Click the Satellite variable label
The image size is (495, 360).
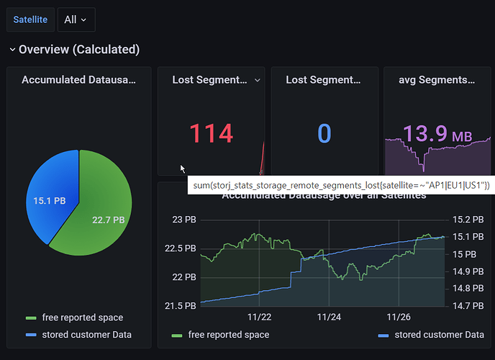click(30, 19)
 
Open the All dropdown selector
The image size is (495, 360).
click(76, 19)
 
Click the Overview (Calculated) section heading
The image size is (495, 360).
click(79, 50)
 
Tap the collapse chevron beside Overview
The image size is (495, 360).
click(12, 50)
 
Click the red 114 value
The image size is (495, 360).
click(211, 134)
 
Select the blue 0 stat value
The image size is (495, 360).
click(324, 134)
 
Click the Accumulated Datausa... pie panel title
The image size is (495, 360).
click(78, 80)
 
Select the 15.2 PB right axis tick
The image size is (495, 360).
click(468, 220)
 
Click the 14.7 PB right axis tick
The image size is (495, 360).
click(468, 306)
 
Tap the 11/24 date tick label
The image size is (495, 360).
click(329, 317)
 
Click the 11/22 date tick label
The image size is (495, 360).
click(259, 317)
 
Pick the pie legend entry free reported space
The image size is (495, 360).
click(81, 318)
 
